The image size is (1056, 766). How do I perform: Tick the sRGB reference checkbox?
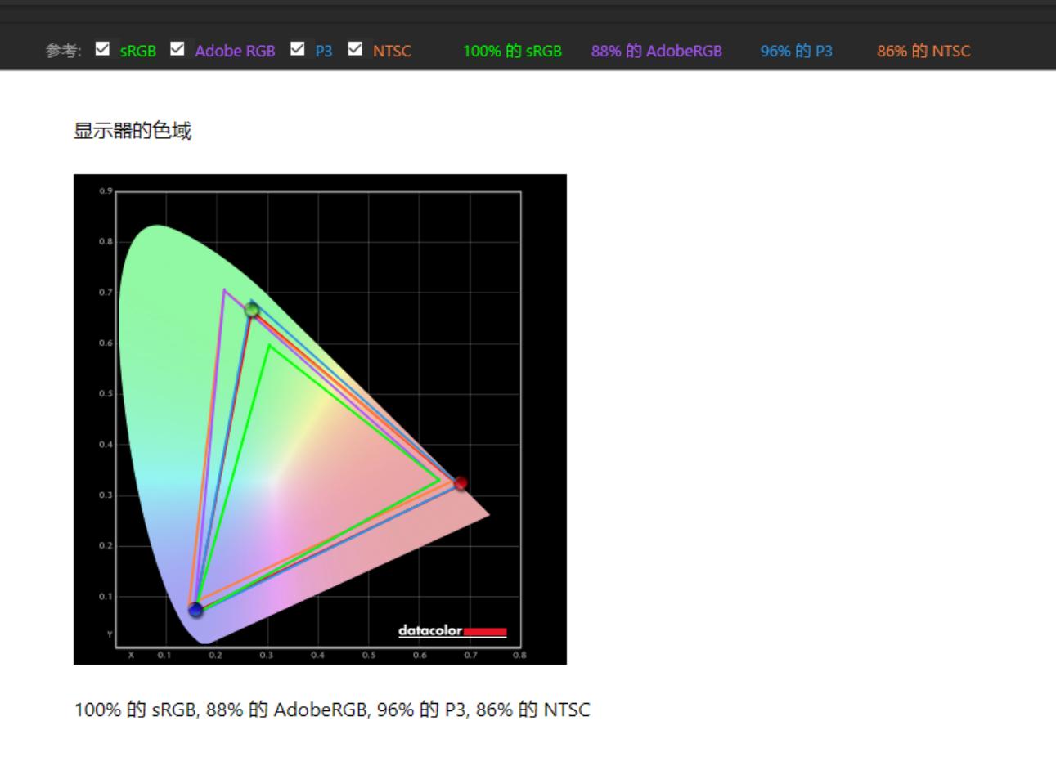(x=102, y=48)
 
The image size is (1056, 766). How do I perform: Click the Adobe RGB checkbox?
(x=177, y=48)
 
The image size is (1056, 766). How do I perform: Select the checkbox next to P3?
(x=298, y=48)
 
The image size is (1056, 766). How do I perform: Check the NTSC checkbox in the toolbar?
(x=355, y=48)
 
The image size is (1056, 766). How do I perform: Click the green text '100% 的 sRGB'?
(x=512, y=51)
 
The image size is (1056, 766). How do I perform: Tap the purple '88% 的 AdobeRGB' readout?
(x=656, y=51)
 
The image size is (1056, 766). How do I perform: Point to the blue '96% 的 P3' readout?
(x=796, y=51)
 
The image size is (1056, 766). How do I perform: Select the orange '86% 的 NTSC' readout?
(x=923, y=51)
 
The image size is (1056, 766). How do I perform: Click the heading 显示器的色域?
(x=133, y=131)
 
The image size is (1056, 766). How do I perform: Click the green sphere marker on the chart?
(x=252, y=310)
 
